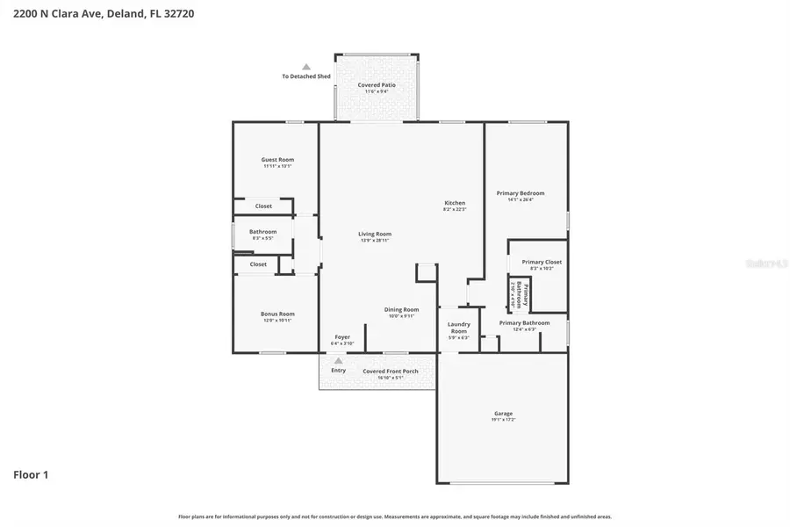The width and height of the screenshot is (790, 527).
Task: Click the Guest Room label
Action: pos(276,160)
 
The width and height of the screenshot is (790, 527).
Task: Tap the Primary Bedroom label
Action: pos(520,193)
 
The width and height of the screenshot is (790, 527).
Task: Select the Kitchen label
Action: pos(454,203)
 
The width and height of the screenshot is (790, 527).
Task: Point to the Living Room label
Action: pos(374,235)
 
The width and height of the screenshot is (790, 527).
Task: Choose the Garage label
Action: pos(503,414)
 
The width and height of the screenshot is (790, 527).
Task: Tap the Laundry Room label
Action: pos(458,328)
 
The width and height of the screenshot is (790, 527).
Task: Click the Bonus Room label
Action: pos(276,314)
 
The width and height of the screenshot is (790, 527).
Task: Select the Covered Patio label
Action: pos(377,85)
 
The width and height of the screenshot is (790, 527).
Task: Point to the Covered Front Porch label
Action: pos(391,371)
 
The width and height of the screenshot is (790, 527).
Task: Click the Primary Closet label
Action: pos(542,262)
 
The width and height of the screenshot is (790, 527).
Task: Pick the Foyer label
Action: pos(341,337)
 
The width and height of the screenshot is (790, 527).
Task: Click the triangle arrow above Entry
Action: pos(338,360)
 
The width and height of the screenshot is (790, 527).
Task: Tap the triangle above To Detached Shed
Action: pos(306,67)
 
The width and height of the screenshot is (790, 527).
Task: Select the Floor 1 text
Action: pos(31,475)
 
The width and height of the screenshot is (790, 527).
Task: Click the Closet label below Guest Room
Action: pos(263,206)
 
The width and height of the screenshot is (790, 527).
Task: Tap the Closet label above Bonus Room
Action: pos(258,264)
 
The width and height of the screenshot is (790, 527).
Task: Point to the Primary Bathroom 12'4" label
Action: pos(524,323)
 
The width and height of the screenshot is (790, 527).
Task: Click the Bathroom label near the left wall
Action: pos(262,232)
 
